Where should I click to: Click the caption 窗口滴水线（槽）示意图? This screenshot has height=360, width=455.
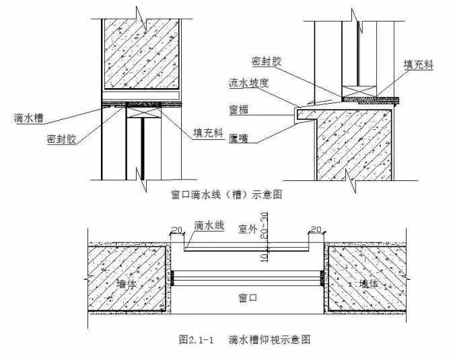point(226,195)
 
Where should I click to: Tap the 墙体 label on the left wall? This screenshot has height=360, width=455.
point(127,283)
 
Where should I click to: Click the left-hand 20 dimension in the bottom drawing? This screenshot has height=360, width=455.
point(176,230)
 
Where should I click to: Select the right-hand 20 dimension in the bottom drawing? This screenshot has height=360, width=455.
point(316,230)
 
